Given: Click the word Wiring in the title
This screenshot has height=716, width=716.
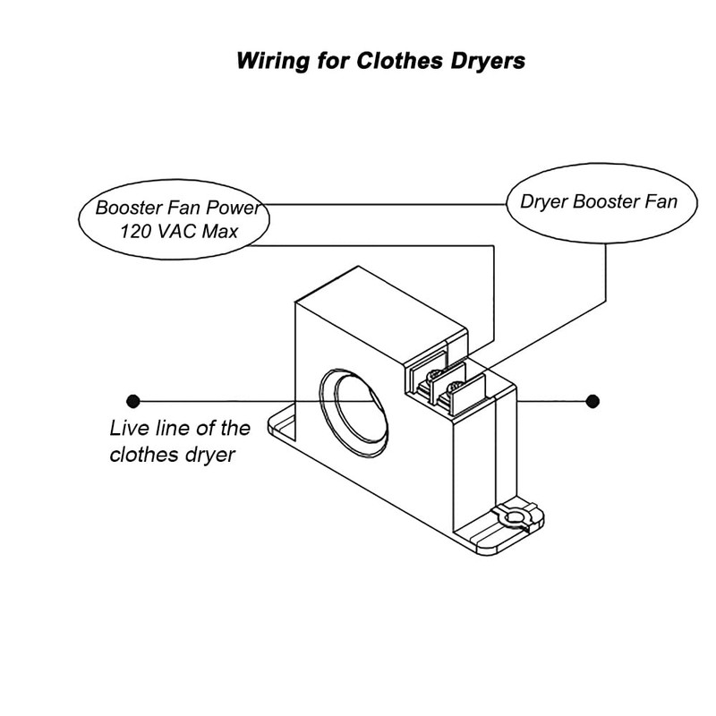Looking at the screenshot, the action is click(273, 61).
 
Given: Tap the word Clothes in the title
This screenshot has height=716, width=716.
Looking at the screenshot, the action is click(399, 60).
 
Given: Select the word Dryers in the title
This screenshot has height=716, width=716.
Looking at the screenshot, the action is click(488, 61).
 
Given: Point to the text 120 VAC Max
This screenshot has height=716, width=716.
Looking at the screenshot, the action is click(178, 232).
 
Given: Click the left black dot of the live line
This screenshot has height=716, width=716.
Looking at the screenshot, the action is click(132, 401).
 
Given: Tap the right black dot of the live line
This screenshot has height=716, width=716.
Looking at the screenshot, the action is click(592, 401).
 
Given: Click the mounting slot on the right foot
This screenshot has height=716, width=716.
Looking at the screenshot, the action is click(516, 516).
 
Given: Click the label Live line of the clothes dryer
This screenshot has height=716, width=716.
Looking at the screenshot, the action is click(180, 441).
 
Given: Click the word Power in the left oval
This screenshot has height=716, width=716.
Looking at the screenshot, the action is click(233, 208).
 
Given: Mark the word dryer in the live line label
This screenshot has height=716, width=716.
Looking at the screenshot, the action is click(210, 456).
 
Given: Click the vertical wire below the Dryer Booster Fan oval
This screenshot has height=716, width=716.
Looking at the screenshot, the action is click(606, 272).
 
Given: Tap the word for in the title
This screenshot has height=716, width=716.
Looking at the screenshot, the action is click(332, 61).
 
